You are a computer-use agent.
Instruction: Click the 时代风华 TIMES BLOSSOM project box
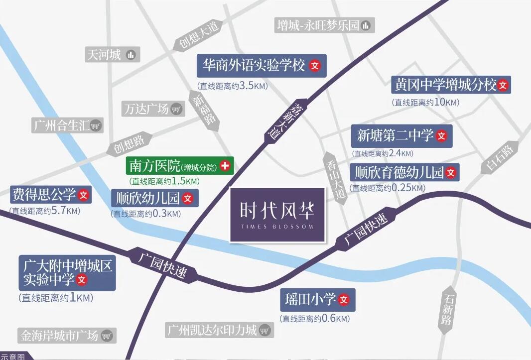[277, 215]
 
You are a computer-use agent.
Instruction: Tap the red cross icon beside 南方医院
[225, 165]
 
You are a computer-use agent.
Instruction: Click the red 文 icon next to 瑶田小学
[344, 300]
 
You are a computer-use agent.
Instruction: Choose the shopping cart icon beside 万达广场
[176, 109]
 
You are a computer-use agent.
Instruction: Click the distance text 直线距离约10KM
[425, 103]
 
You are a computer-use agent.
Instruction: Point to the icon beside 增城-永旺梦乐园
[366, 25]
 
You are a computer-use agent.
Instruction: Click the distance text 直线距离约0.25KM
[388, 188]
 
